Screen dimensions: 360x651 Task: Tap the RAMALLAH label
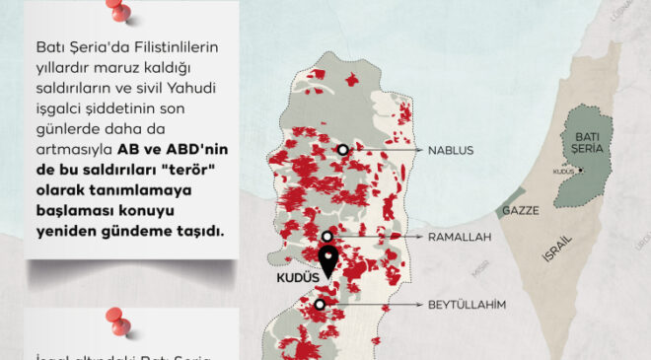click(459, 238)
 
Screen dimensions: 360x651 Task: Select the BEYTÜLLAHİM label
click(468, 305)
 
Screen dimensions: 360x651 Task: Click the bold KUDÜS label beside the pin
click(295, 279)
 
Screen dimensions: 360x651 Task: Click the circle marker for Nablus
click(342, 150)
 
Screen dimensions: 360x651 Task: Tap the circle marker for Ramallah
click(326, 238)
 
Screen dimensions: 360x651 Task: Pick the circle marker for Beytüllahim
click(321, 305)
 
